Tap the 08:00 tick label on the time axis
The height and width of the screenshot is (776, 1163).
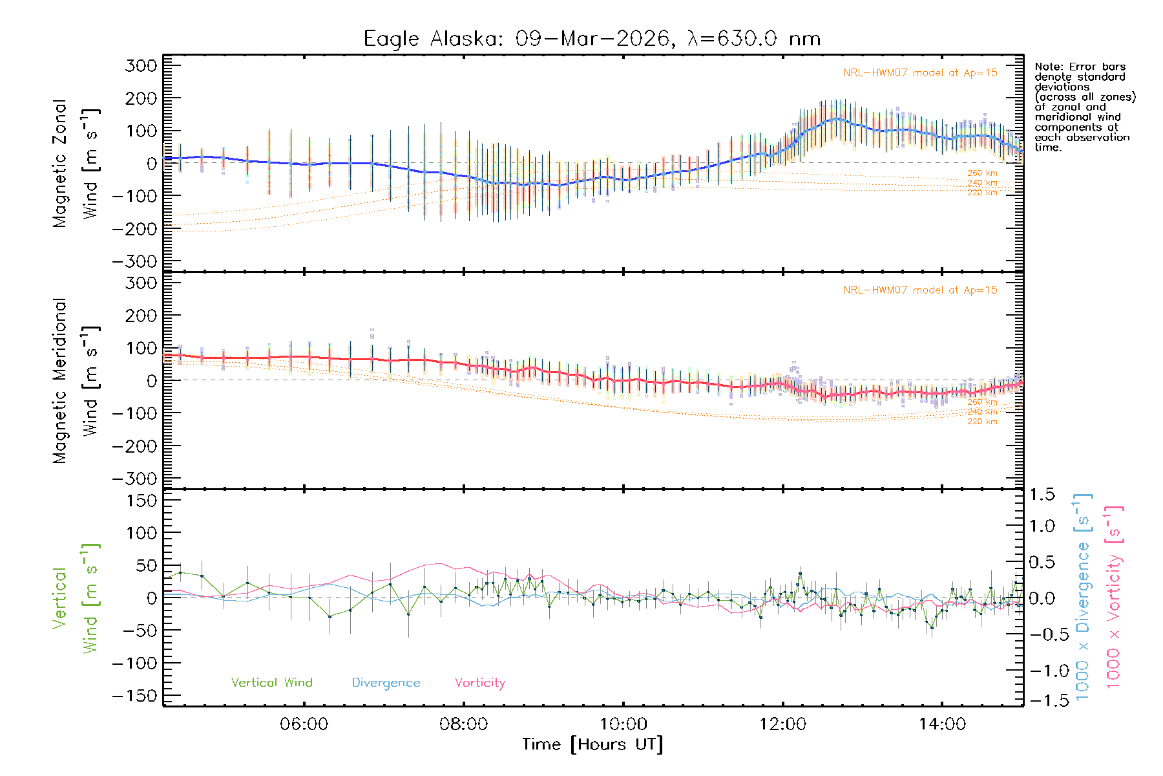click(x=463, y=724)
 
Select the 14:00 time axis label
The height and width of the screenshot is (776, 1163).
click(x=942, y=724)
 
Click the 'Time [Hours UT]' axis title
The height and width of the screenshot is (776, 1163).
click(x=592, y=744)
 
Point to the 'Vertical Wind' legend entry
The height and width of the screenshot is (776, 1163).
click(x=271, y=682)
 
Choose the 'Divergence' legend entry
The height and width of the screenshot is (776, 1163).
click(x=386, y=683)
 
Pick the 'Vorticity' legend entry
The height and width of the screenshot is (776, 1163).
click(x=479, y=682)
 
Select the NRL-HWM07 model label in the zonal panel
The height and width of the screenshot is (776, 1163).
click(x=920, y=73)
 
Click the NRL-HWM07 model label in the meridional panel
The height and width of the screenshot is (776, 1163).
click(x=920, y=290)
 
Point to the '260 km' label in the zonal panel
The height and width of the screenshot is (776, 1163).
click(x=982, y=173)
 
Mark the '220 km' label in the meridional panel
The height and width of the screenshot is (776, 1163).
click(x=982, y=422)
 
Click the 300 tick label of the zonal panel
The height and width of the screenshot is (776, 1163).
click(x=141, y=65)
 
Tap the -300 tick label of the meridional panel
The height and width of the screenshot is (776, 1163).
click(x=134, y=479)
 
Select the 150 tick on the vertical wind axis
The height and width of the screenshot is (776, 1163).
click(x=141, y=501)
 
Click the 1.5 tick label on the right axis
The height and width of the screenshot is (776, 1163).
click(x=1042, y=495)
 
